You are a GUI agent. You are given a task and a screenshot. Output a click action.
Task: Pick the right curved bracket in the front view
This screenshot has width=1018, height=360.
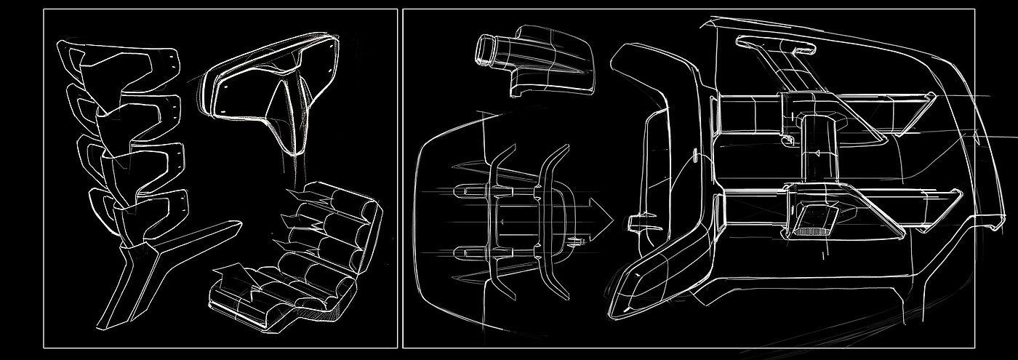point(550,218)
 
